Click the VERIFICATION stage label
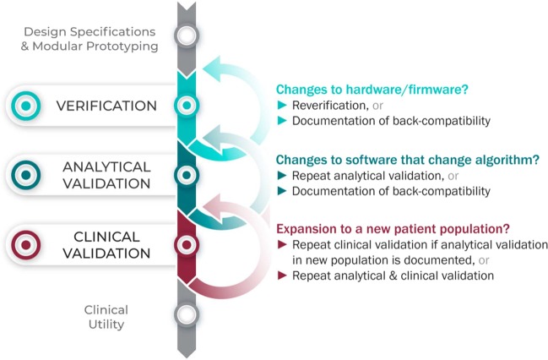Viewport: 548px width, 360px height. pyautogui.click(x=106, y=106)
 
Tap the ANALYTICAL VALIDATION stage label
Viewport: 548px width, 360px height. pyautogui.click(x=106, y=175)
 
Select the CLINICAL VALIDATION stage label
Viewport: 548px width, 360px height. pyautogui.click(x=106, y=245)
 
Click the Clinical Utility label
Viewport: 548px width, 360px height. pyautogui.click(x=106, y=317)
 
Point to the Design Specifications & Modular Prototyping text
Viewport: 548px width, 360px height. pyautogui.click(x=90, y=39)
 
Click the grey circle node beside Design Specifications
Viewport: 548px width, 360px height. pyautogui.click(x=187, y=35)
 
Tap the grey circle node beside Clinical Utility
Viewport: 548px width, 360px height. pyautogui.click(x=187, y=314)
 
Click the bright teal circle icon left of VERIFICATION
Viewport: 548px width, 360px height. pyautogui.click(x=26, y=106)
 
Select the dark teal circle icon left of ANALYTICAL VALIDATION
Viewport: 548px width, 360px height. pyautogui.click(x=26, y=175)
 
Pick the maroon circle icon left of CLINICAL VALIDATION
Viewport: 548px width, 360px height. pyautogui.click(x=26, y=245)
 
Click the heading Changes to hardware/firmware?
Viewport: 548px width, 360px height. pyautogui.click(x=372, y=90)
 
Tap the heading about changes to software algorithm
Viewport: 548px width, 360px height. pyautogui.click(x=408, y=160)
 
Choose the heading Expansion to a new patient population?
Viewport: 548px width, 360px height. pyautogui.click(x=393, y=229)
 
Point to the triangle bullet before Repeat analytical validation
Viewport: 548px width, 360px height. pyautogui.click(x=282, y=175)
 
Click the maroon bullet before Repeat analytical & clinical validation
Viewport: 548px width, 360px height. pyautogui.click(x=282, y=275)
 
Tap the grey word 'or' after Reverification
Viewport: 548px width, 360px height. pyautogui.click(x=377, y=106)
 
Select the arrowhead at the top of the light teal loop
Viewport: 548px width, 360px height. pyautogui.click(x=212, y=68)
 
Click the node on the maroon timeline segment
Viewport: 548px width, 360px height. pyautogui.click(x=187, y=244)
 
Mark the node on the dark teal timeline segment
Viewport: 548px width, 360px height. pyautogui.click(x=187, y=175)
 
